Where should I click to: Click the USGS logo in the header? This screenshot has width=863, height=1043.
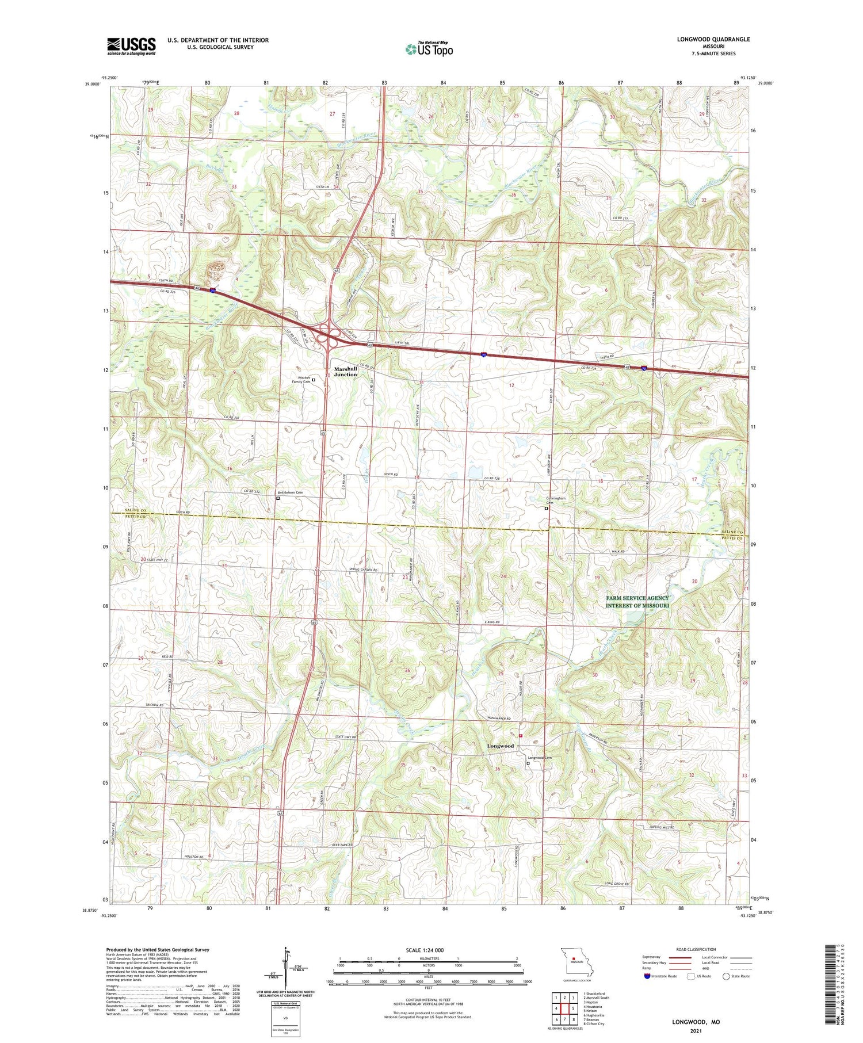click(x=131, y=46)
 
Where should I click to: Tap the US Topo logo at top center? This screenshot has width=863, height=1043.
click(x=429, y=49)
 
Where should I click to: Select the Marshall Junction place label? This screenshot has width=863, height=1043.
click(x=346, y=372)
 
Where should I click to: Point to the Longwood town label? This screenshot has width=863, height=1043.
click(x=500, y=746)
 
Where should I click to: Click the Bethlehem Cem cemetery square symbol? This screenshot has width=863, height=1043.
click(x=278, y=498)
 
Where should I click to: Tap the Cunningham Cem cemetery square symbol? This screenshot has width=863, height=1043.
click(x=546, y=508)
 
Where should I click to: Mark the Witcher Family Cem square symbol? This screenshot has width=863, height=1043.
click(x=314, y=380)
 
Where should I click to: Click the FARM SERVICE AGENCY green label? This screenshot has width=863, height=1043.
click(x=637, y=598)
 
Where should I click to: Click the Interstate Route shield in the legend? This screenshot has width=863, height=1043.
click(x=647, y=976)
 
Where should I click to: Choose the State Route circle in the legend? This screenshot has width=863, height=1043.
click(x=726, y=976)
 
